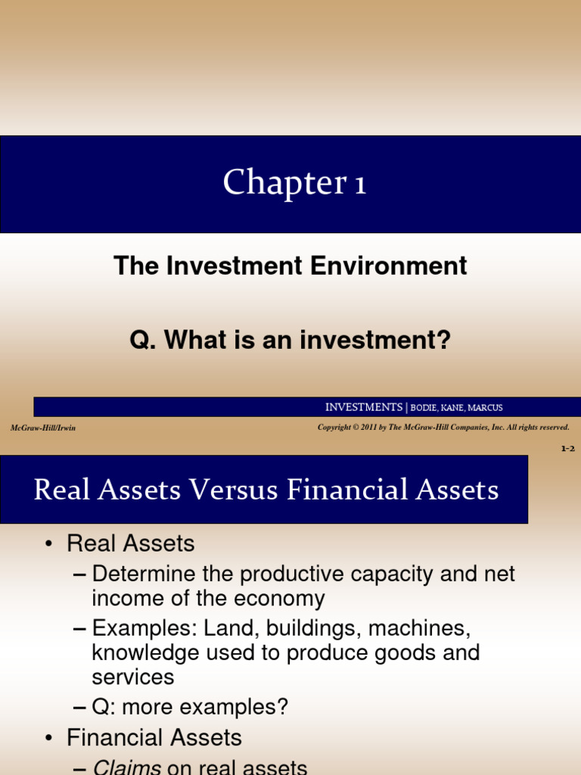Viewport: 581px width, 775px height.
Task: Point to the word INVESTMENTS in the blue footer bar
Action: coord(364,407)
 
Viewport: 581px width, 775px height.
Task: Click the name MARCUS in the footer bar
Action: coord(485,408)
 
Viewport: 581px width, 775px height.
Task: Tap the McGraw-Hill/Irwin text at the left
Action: coord(43,428)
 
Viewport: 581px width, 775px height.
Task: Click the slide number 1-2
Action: coord(567,449)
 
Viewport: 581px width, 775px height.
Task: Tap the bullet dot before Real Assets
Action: coord(49,544)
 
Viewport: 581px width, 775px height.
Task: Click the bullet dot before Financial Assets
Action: coord(49,738)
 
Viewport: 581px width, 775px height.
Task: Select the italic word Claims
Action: coord(126,767)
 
